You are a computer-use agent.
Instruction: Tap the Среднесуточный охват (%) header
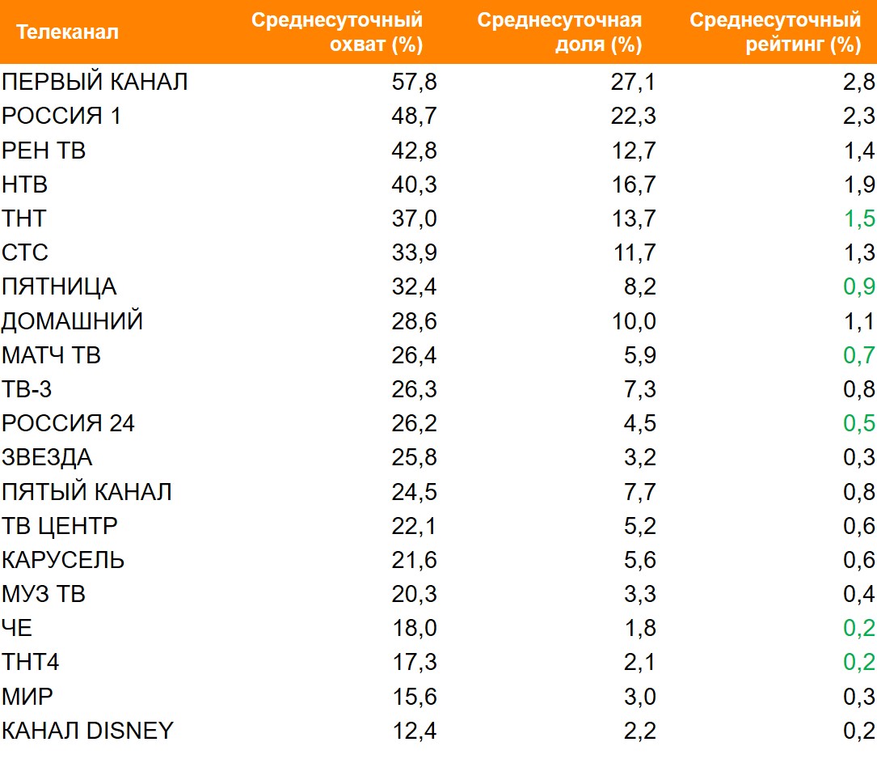coord(337,32)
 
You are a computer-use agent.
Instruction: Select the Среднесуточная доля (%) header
coord(559,32)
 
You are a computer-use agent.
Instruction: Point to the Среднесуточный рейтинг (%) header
coord(774,32)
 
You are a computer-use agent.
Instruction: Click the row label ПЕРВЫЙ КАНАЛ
coord(95,82)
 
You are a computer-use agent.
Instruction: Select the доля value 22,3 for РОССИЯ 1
coord(635,117)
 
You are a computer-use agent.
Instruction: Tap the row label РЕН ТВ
coord(44,151)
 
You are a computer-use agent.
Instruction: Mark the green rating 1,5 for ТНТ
coord(858,218)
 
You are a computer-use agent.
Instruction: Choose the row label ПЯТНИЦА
coord(59,287)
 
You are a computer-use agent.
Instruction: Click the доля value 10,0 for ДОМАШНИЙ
coord(635,321)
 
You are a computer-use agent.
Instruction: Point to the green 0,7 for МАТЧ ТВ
coord(858,355)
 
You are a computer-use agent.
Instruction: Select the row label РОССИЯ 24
coord(69,423)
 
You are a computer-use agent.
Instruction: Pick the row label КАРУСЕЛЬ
coord(63,560)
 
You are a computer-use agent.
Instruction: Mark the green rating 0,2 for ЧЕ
coord(858,629)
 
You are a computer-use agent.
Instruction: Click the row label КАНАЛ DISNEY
coord(87,731)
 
